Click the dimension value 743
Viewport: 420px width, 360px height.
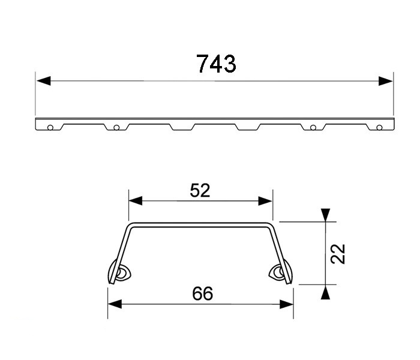[216, 64]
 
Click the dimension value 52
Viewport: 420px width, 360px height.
[200, 190]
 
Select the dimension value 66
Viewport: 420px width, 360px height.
[202, 293]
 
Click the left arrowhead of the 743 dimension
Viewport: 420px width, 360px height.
[41, 80]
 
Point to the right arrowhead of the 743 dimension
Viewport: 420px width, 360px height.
[387, 80]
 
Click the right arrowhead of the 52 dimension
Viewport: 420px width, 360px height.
[267, 201]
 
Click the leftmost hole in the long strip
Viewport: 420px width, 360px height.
[51, 127]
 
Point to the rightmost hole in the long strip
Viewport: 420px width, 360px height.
[379, 127]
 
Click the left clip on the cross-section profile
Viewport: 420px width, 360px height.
[120, 274]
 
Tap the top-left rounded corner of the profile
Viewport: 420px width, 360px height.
[130, 227]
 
